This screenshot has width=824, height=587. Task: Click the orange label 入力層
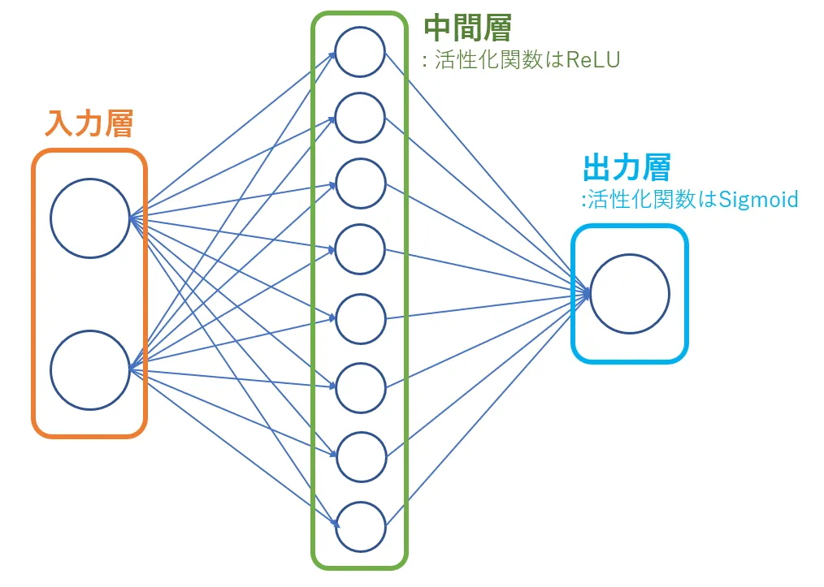pyautogui.click(x=89, y=123)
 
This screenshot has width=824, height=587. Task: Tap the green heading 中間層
pyautogui.click(x=467, y=29)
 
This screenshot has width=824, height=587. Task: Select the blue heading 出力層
pyautogui.click(x=627, y=168)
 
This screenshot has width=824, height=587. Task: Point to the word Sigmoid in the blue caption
pyautogui.click(x=759, y=199)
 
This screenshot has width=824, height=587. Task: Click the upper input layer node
pyautogui.click(x=89, y=218)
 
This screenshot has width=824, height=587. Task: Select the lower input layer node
pyautogui.click(x=89, y=370)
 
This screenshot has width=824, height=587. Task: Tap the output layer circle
pyautogui.click(x=630, y=294)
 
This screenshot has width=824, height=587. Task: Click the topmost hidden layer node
pyautogui.click(x=360, y=52)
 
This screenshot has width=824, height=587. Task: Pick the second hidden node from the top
pyautogui.click(x=360, y=118)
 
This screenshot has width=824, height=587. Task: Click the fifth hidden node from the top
pyautogui.click(x=360, y=319)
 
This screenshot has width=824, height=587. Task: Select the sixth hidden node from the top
pyautogui.click(x=360, y=388)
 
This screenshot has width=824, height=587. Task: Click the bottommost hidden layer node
pyautogui.click(x=360, y=526)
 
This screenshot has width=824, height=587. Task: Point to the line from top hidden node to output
pyautogui.click(x=488, y=170)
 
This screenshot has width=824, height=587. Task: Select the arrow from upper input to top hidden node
pyautogui.click(x=236, y=134)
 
